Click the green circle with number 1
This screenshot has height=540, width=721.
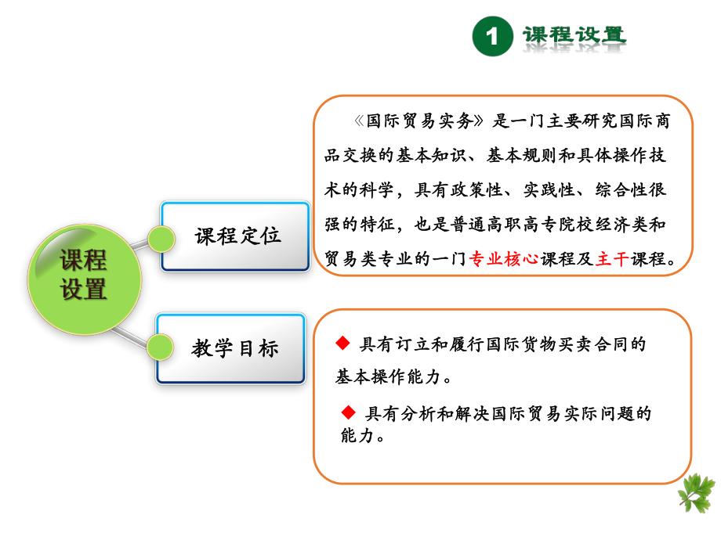(x=492, y=38)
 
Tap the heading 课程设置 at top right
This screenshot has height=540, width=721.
(x=574, y=36)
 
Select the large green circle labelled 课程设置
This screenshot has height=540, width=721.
(x=84, y=275)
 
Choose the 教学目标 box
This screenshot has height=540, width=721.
(x=235, y=348)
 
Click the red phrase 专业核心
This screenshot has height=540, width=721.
(x=503, y=260)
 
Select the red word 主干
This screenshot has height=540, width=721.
(x=611, y=260)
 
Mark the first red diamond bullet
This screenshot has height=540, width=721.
(x=342, y=343)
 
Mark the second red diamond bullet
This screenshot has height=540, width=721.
(x=348, y=412)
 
